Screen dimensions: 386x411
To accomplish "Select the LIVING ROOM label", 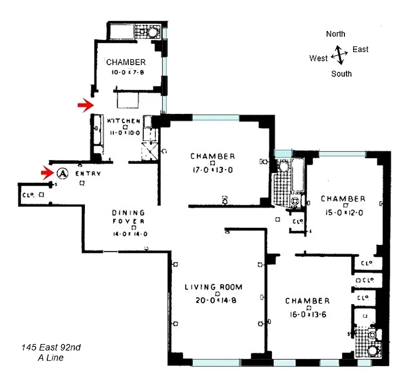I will coord(213,287).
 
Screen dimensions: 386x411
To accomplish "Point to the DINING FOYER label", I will coord(129,217).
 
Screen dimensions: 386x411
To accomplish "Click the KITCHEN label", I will coord(123,121).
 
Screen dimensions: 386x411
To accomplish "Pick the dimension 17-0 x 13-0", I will coord(212,169).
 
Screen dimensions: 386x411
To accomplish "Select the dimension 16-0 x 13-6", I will coord(308,314).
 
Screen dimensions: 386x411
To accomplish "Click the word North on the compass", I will coord(335,34).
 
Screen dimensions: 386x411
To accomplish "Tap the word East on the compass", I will coord(360,49).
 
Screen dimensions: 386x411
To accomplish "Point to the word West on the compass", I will coord(318,58).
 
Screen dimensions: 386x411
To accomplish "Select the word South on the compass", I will coord(341,74).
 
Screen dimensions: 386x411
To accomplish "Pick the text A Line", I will coord(51,358).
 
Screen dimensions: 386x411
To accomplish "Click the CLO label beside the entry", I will coord(27,194).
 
